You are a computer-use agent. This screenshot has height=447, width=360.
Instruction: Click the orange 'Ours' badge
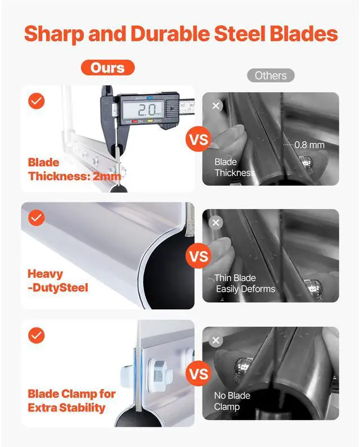point(107,67)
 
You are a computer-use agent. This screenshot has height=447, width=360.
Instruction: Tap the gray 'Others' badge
point(271,75)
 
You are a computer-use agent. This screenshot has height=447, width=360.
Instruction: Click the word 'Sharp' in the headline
point(54,34)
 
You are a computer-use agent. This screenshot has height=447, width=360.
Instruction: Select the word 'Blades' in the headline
point(304,33)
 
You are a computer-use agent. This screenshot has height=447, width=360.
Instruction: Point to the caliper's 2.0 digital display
point(143,110)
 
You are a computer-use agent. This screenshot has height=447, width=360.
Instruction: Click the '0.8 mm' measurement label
point(309,145)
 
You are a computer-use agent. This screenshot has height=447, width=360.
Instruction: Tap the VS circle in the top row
point(199,139)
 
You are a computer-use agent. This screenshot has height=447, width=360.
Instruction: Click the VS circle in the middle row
point(199,256)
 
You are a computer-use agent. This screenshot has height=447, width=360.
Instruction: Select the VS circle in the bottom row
point(199,373)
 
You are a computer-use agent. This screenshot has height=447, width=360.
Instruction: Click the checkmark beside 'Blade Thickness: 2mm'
point(36,101)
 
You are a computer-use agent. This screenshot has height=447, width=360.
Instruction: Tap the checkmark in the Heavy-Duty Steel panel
point(36,218)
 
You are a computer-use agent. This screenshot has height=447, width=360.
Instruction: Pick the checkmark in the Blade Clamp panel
point(36,335)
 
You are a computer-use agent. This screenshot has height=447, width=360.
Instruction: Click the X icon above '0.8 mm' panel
point(216,106)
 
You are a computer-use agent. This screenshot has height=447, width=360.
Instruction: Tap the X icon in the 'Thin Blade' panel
point(216,223)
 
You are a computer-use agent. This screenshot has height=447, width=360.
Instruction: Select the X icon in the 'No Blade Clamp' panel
point(216,340)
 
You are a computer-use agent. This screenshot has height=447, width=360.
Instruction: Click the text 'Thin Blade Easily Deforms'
point(245,283)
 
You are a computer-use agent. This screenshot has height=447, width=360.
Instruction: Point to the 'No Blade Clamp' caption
point(232,401)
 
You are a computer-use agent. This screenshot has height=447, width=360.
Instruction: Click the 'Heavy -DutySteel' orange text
point(58,281)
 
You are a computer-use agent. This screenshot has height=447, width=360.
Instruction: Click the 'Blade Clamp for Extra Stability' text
point(71,401)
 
